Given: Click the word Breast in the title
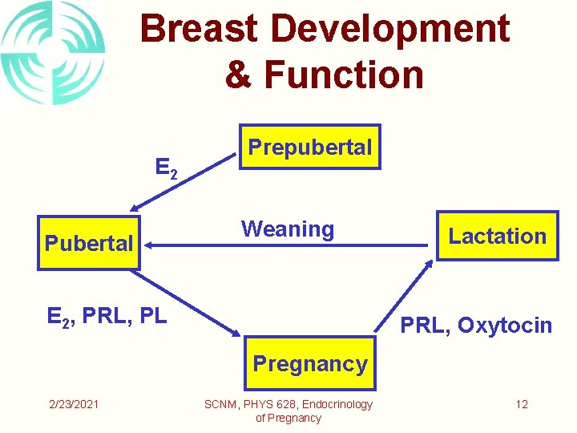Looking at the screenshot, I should pos(200,30).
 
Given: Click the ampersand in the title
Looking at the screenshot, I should pos(239,75).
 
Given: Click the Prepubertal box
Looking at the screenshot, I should pos(310,148).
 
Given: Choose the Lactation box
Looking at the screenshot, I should pos(497,236).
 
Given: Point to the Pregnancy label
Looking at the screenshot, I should pos(310,364).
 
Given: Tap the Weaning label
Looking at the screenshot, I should pos(288,229).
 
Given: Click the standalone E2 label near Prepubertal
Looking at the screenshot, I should pos(166,168).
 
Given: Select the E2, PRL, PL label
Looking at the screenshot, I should pos(107,317).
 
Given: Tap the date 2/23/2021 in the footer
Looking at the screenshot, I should pos(74,404).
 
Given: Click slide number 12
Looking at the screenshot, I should pos(522,404).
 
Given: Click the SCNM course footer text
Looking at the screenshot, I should pos(288,411).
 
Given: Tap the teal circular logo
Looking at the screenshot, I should pos(53,53).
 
